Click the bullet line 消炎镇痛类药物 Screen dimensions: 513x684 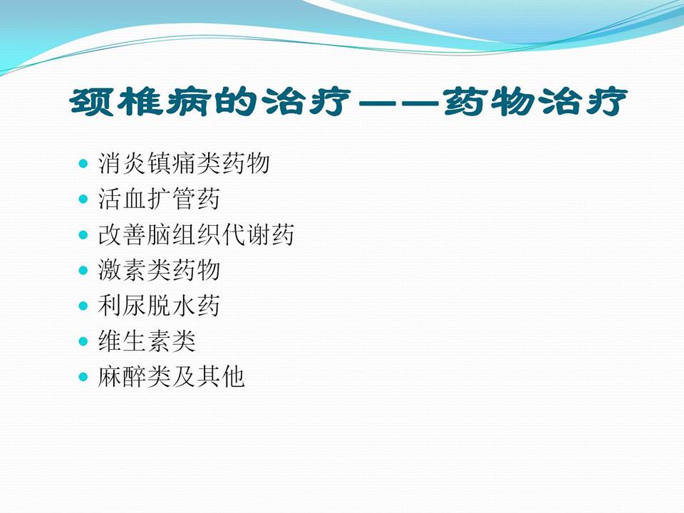[x=184, y=164]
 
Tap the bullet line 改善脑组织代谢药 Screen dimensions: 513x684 [x=196, y=235]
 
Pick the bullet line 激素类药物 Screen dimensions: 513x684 [x=159, y=271]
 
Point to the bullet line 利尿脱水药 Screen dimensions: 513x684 [x=159, y=306]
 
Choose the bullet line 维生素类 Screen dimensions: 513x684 [x=147, y=342]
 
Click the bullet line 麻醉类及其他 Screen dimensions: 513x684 [x=171, y=378]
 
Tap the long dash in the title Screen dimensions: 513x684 [x=399, y=105]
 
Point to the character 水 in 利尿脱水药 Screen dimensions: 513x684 [x=183, y=306]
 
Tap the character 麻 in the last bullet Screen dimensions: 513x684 [x=110, y=378]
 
